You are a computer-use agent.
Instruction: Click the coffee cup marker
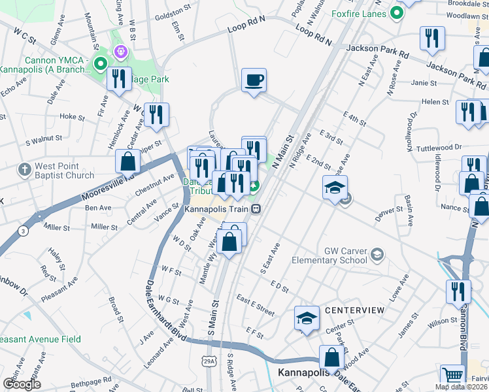254,80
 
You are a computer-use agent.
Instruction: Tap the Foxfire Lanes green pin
396,12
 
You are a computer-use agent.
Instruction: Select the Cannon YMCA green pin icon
100,64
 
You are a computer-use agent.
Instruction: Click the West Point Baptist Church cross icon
25,169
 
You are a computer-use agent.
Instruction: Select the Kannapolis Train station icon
257,210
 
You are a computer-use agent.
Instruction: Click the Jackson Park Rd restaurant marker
432,39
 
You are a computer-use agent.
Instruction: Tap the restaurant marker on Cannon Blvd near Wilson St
458,291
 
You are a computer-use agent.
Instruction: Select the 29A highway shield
209,361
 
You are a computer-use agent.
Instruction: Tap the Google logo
22,384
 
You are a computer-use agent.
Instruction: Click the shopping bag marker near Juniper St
127,161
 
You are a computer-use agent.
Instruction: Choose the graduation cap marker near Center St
306,318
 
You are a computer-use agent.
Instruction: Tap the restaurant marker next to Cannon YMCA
119,79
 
